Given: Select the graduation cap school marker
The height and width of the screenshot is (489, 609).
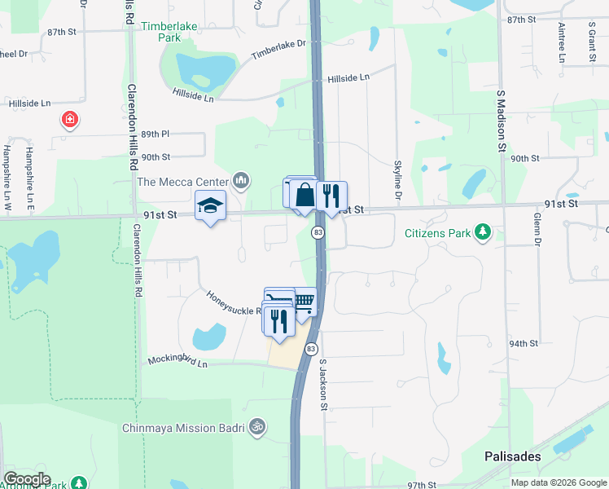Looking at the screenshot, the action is (x=210, y=206).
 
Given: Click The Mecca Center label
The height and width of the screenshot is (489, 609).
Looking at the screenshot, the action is (x=185, y=181).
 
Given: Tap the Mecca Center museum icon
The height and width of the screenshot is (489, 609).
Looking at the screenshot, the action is (x=240, y=180).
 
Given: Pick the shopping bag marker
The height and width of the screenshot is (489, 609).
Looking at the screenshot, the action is (x=304, y=196).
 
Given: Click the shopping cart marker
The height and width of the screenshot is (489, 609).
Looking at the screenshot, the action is (x=304, y=303).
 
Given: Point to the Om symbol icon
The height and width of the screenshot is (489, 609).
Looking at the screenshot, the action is (x=257, y=427).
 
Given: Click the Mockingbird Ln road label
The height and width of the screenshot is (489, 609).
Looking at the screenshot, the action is (x=177, y=359).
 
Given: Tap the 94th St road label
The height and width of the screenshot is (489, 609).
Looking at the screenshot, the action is (x=524, y=344).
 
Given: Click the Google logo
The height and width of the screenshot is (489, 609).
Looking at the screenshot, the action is (x=26, y=479).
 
